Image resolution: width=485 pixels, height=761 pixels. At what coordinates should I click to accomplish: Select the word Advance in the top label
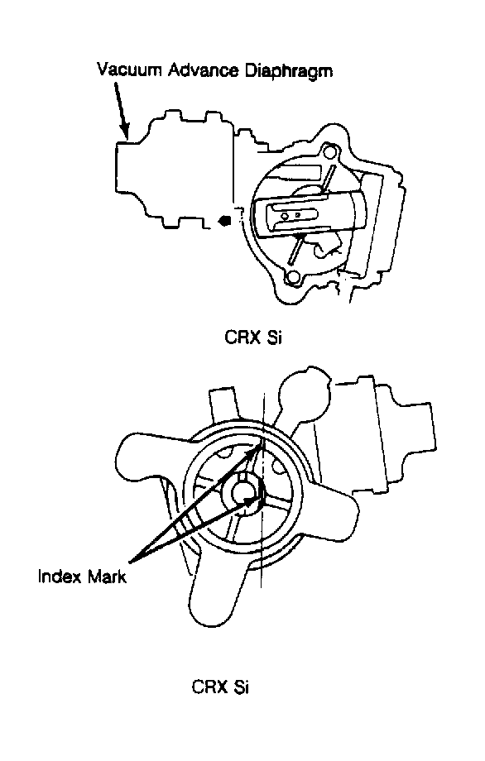[204, 69]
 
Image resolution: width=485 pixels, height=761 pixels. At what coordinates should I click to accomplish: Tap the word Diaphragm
[288, 71]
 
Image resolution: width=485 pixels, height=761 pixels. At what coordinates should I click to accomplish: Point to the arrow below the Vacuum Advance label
[122, 110]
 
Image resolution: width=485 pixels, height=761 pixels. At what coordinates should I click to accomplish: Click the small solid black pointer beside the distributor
[225, 222]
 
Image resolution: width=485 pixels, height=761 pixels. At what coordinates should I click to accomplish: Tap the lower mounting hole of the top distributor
[293, 278]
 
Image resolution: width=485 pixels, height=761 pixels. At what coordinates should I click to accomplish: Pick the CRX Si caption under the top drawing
[253, 337]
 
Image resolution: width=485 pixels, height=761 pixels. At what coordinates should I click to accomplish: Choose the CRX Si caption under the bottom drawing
[220, 687]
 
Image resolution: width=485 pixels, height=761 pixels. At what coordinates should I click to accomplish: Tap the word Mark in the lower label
[107, 577]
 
